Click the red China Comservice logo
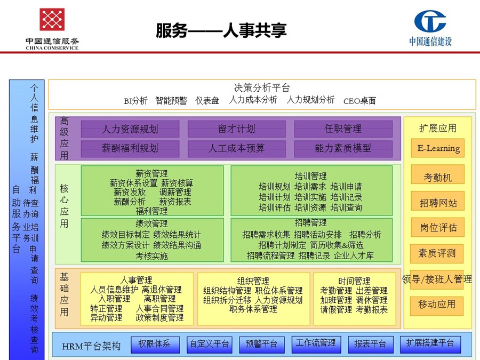[x=52, y=19]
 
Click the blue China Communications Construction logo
[x=430, y=21]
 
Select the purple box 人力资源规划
[x=130, y=129]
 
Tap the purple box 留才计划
[x=237, y=129]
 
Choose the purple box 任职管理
[x=343, y=129]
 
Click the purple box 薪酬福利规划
[x=130, y=149]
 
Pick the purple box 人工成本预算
[x=237, y=149]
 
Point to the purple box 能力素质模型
[x=343, y=149]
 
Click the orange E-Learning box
[x=438, y=148]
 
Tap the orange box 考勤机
[x=438, y=174]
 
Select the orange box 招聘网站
[x=438, y=201]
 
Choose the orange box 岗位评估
[x=438, y=227]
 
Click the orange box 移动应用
[x=437, y=306]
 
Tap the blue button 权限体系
[x=155, y=345]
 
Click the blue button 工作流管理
[x=316, y=345]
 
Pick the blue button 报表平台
[x=371, y=345]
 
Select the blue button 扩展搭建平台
[x=430, y=345]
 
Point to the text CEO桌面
[x=359, y=101]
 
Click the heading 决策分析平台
[x=262, y=88]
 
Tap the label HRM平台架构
[x=91, y=346]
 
